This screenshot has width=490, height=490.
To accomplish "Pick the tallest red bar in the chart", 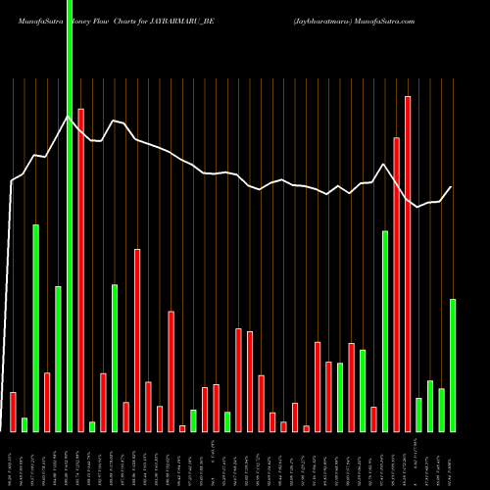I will pos(408,265).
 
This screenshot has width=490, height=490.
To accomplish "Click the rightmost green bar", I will pos(452,365).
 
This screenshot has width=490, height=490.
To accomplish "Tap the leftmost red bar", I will pos(13,412).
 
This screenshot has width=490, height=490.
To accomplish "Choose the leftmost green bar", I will pos(24,424).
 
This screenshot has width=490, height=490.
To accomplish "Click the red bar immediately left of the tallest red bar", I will pos(397,284).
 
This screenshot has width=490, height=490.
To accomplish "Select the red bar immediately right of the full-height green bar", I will pos(80,269).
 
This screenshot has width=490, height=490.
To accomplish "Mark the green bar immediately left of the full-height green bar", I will pos(58,359).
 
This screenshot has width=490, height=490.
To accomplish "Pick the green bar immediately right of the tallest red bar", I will pos(418,415).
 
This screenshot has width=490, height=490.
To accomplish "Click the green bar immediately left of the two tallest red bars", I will pos(385,331).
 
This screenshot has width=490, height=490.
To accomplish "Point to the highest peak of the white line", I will pos(68,117).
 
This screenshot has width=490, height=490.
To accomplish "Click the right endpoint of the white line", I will pos(452,187).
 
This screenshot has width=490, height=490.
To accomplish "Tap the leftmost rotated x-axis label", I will pos(11,461).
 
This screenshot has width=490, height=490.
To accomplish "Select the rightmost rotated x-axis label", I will pos(452,461).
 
